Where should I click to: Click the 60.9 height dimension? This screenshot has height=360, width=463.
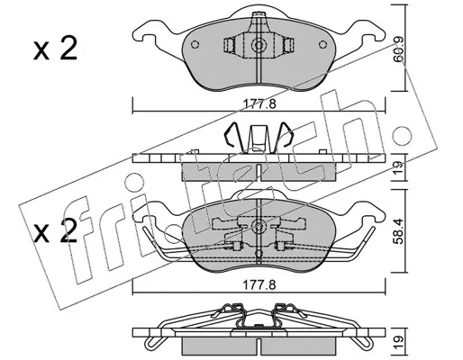point(399,54)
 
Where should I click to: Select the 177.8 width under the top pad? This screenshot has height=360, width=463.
point(259,104)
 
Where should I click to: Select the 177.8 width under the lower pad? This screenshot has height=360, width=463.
point(259,285)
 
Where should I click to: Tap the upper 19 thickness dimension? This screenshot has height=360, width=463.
point(399,167)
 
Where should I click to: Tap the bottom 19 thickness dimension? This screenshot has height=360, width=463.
point(399,342)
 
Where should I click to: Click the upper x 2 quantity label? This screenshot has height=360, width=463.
point(55,49)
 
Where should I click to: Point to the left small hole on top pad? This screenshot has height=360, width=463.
point(195,44)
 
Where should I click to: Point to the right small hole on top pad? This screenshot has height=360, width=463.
point(322,44)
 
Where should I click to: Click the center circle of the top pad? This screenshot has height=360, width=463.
point(259,46)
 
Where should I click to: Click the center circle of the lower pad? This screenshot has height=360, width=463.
point(259,226)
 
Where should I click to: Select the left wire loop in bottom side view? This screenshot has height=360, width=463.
point(151,340)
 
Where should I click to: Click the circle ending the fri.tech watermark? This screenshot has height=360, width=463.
point(403,135)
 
